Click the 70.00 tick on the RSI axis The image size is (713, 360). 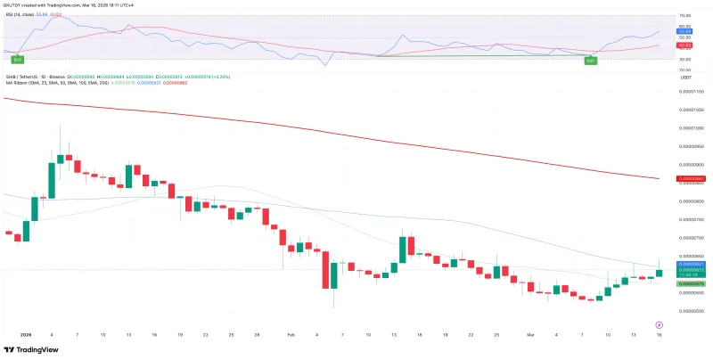point(685,16)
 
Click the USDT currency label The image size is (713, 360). point(686,78)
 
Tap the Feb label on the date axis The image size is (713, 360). point(291,334)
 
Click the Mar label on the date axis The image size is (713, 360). point(529,334)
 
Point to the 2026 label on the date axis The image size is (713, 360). point(25,334)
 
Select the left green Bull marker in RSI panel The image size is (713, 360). point(16,60)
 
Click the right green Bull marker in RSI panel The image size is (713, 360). point(589,60)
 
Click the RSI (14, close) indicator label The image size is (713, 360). point(26,14)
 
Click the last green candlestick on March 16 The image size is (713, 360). point(659,272)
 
